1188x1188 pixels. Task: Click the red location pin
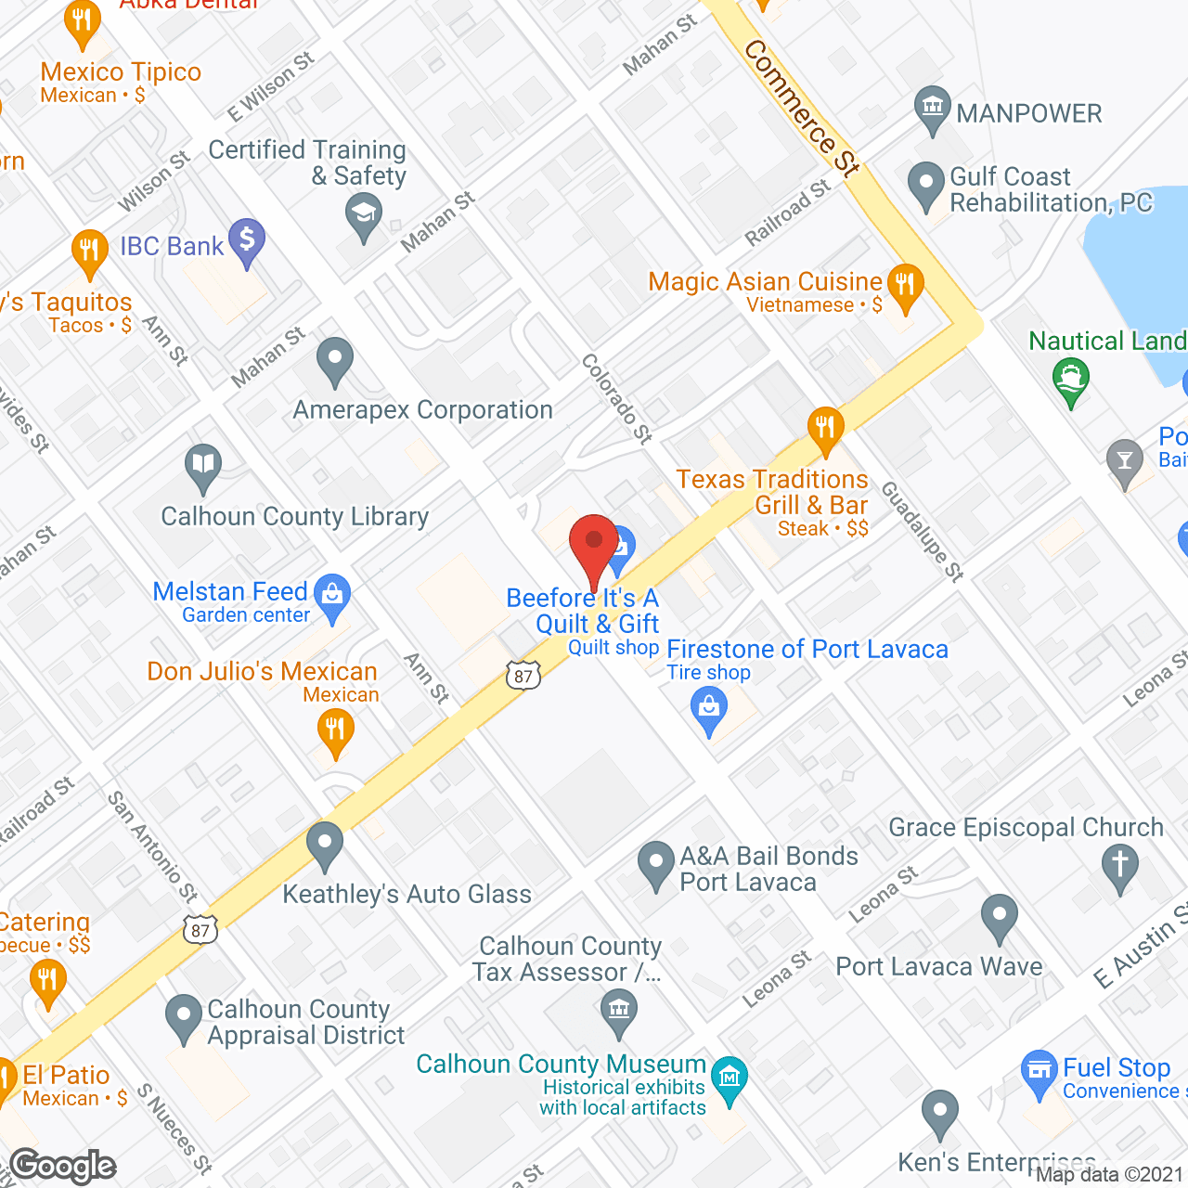tap(593, 542)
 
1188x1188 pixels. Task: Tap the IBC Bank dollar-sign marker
tap(247, 239)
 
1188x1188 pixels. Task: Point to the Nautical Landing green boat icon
tap(1071, 379)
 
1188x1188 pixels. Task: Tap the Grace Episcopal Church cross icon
tap(1119, 865)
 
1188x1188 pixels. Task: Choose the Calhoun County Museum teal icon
tap(730, 1078)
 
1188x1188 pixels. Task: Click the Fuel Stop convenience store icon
tap(1039, 1071)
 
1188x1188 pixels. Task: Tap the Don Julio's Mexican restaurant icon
tap(335, 730)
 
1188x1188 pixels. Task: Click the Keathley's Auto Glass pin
tap(325, 845)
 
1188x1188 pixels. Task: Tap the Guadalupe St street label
tap(923, 531)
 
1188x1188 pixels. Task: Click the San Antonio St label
tap(153, 846)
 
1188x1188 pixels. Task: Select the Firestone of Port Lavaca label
tap(807, 649)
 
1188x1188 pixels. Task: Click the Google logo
tap(63, 1166)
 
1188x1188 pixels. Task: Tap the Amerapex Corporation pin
tap(335, 360)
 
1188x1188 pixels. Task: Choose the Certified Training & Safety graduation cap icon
tap(364, 217)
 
